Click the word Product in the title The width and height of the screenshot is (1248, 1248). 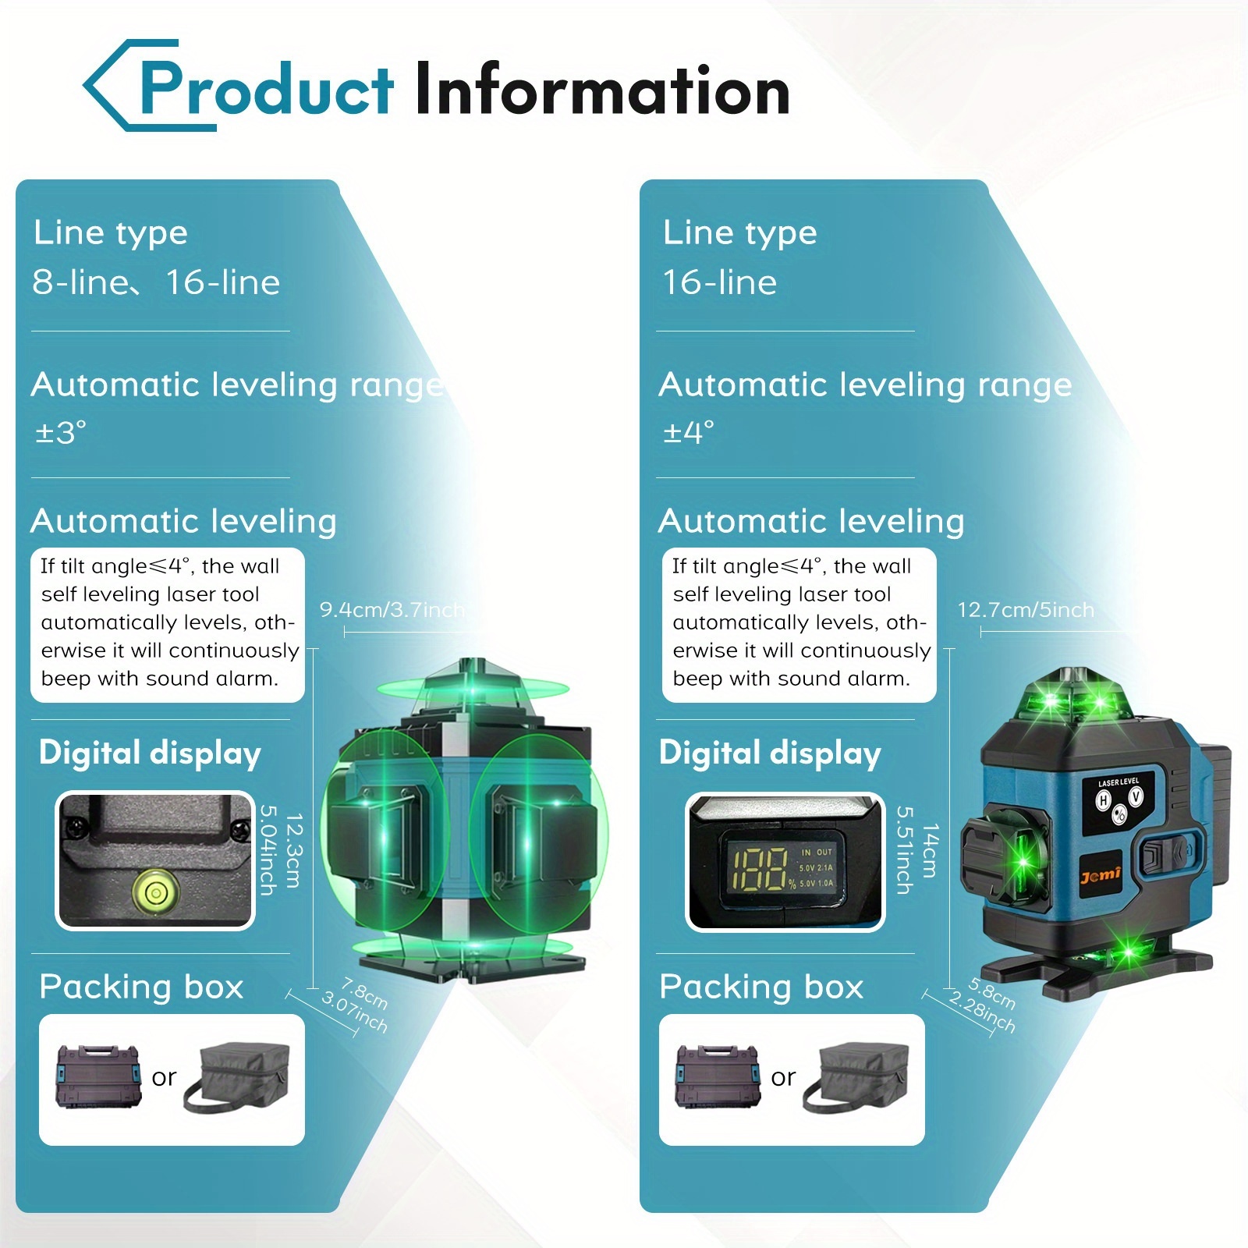tap(266, 90)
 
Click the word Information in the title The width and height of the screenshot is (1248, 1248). tap(602, 90)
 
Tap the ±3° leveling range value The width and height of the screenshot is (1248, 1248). tap(61, 432)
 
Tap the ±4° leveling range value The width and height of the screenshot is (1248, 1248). tap(689, 432)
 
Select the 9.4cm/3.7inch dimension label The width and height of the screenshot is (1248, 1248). tap(392, 610)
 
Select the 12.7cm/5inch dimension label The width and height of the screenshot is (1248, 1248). tap(1026, 610)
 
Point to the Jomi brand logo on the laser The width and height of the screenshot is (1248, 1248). tap(1101, 875)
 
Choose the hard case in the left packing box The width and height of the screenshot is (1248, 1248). tap(98, 1076)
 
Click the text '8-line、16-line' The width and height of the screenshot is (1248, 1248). tap(156, 282)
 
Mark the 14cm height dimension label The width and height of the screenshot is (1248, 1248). tap(929, 850)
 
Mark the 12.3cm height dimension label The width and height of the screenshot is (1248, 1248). tap(293, 850)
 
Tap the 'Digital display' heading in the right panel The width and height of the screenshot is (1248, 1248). tap(770, 753)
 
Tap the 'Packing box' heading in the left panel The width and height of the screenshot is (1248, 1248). tap(141, 987)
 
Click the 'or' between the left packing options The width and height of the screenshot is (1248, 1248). tap(164, 1078)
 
